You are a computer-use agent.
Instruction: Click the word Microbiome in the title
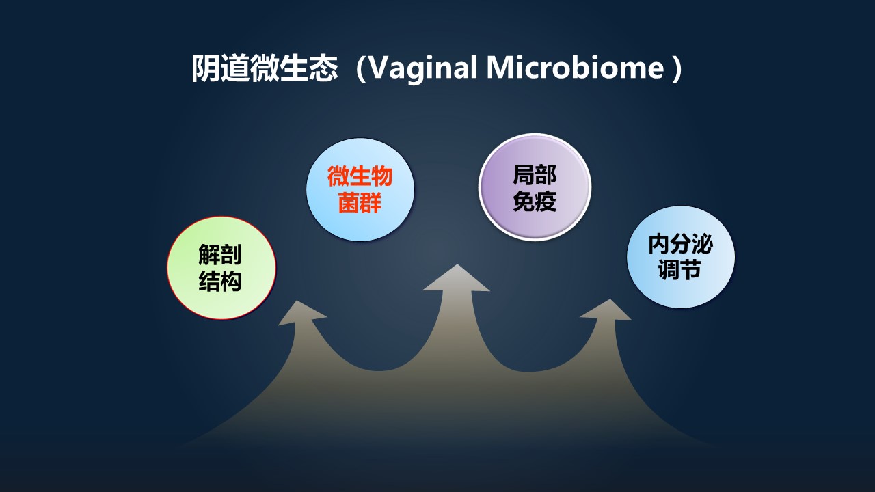[x=575, y=68]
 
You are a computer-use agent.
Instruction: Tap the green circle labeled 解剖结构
[x=221, y=268]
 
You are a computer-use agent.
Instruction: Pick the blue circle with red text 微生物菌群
[x=360, y=190]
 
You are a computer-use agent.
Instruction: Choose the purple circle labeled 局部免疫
[x=535, y=187]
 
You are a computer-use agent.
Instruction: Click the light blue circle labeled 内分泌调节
[x=680, y=257]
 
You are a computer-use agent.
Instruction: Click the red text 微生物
[x=360, y=176]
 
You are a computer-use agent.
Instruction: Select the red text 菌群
[x=360, y=203]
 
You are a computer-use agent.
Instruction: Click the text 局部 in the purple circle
[x=535, y=174]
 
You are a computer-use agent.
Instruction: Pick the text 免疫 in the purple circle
[x=535, y=201]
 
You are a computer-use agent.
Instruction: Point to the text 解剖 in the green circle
[x=220, y=255]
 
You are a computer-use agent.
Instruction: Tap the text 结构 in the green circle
[x=220, y=281]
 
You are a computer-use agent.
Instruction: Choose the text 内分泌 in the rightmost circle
[x=680, y=244]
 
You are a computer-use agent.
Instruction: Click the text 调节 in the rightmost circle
[x=680, y=270]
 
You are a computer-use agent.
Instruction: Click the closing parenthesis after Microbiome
[x=676, y=69]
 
